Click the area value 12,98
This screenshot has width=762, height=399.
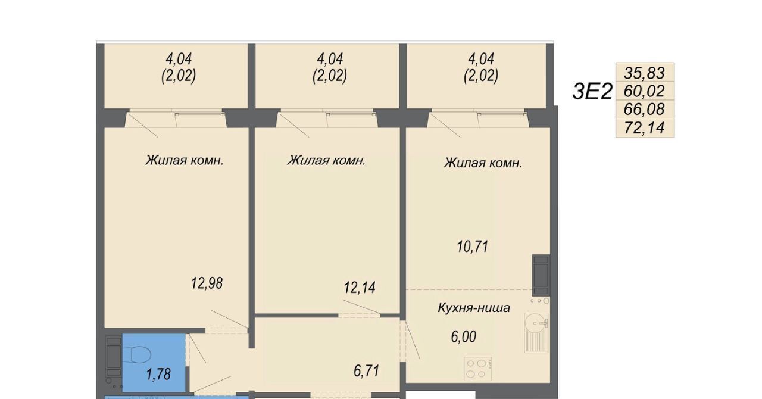click(207, 283)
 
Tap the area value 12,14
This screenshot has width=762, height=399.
click(360, 288)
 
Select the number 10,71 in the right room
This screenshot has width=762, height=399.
click(473, 247)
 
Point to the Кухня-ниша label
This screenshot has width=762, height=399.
click(473, 308)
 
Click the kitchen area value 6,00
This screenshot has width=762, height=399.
click(463, 336)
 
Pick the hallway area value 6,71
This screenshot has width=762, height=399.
click(366, 371)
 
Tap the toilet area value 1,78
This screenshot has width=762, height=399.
click(158, 375)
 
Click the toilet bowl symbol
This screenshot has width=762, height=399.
click(140, 355)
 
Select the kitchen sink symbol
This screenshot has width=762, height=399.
click(536, 332)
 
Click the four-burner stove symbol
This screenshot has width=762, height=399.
click(477, 369)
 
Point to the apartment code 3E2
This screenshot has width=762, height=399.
click(592, 92)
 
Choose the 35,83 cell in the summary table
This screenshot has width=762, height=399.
click(645, 73)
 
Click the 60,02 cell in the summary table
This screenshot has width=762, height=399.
click(645, 91)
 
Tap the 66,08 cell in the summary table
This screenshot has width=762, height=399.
click(645, 110)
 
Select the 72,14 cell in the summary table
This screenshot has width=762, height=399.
click(645, 128)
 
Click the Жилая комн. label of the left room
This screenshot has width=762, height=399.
click(185, 160)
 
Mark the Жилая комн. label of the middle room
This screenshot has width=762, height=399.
click(326, 160)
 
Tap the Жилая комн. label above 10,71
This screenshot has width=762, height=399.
click(483, 163)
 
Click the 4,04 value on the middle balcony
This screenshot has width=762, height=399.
click(330, 59)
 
